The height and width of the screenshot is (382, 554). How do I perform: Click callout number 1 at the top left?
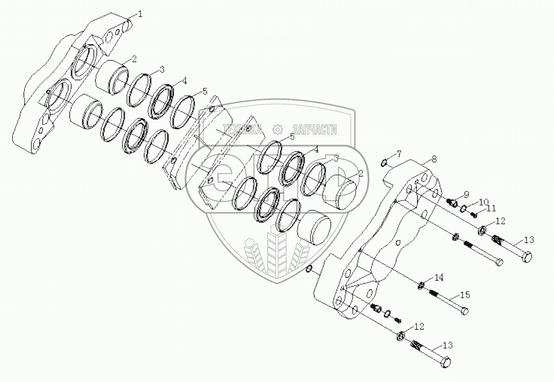(140, 14)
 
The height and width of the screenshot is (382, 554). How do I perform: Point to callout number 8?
(434, 159)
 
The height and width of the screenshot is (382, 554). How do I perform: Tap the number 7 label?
(399, 153)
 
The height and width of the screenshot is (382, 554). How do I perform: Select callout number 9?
(466, 194)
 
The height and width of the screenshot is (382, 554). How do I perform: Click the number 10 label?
(483, 202)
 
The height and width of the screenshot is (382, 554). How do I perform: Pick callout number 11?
(490, 208)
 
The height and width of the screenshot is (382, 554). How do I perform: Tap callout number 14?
(439, 277)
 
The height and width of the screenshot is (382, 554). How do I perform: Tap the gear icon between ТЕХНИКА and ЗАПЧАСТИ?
(277, 129)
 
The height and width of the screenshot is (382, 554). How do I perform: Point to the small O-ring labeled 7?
(384, 162)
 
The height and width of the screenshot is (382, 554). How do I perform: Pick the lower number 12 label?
(419, 327)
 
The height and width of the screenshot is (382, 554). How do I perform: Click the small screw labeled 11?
(473, 215)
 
